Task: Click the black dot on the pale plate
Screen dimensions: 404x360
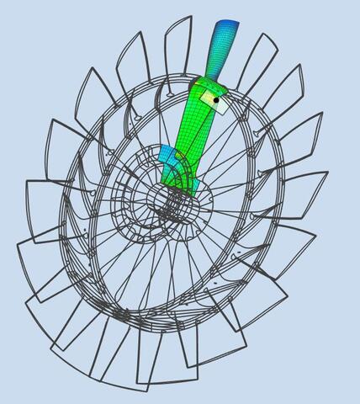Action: tap(216, 100)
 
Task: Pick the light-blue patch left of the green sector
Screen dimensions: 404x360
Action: tap(167, 157)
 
